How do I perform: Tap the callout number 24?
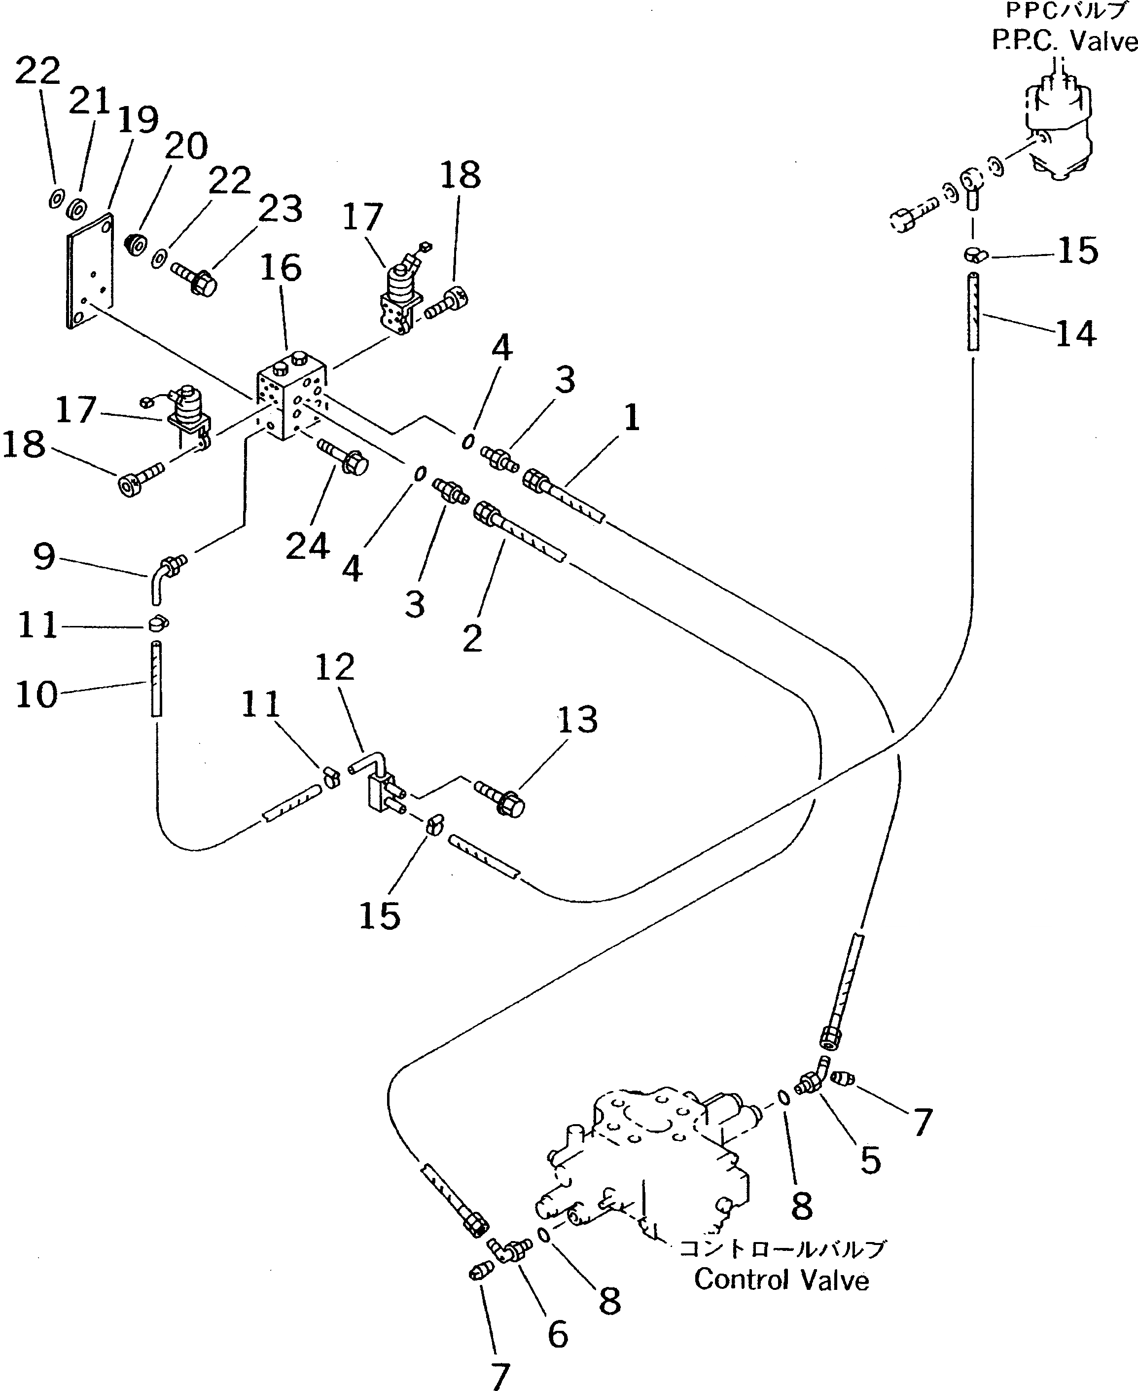coord(308,546)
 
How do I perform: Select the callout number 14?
coord(1075,334)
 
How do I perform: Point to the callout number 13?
coord(577,720)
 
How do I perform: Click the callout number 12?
coord(335,667)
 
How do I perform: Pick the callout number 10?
coord(36,695)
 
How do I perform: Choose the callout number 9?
coord(44,557)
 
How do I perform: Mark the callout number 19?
coord(139,120)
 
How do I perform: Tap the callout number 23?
coord(280,209)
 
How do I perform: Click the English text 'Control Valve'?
coord(782,1280)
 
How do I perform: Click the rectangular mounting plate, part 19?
coord(90,269)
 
